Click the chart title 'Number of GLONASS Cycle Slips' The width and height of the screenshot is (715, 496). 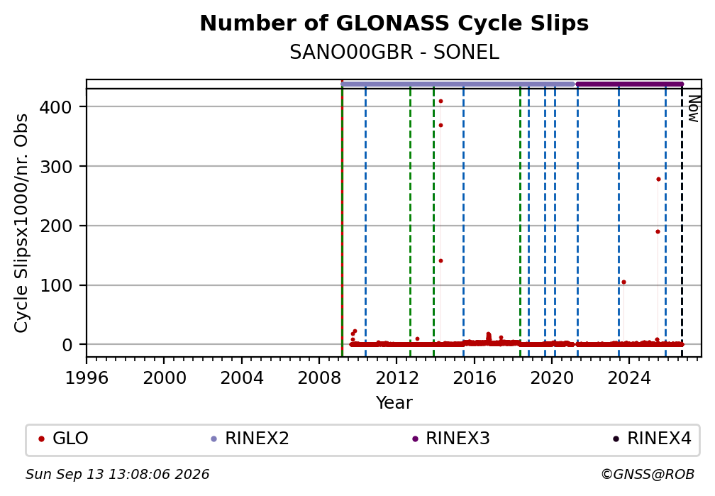click(394, 23)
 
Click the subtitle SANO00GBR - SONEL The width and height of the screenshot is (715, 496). click(394, 53)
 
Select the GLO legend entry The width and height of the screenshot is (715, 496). click(63, 439)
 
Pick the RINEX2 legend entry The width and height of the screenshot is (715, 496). click(250, 439)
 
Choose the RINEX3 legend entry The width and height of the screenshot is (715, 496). click(450, 439)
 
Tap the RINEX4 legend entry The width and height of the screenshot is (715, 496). click(652, 439)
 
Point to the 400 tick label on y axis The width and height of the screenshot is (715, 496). click(56, 108)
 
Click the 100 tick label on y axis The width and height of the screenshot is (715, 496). click(56, 286)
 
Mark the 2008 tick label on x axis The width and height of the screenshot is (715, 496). click(319, 378)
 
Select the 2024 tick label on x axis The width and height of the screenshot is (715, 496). click(628, 378)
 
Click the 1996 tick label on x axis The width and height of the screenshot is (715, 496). click(87, 378)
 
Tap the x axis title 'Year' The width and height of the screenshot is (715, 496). click(394, 403)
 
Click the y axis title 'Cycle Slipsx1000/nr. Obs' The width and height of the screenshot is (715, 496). click(21, 223)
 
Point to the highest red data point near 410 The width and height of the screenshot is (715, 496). click(440, 101)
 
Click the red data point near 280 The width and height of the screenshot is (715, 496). click(658, 179)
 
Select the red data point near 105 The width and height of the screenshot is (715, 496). click(623, 282)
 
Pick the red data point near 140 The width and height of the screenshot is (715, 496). click(440, 260)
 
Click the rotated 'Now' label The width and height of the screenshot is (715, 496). click(694, 109)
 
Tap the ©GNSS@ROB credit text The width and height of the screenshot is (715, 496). click(648, 475)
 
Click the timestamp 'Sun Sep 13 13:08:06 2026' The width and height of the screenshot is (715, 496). click(117, 475)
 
